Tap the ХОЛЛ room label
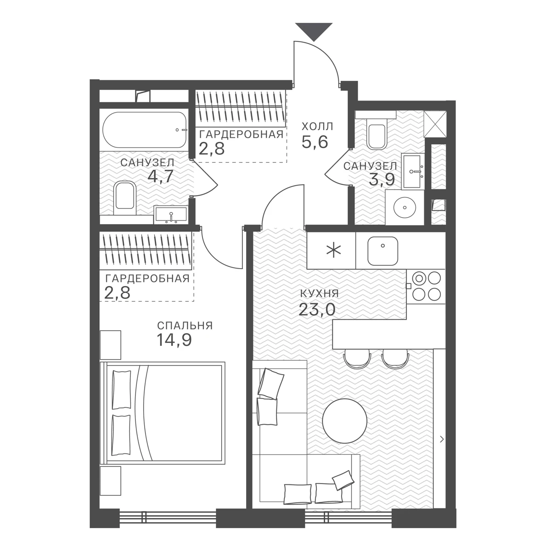317,126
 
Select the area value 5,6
315,141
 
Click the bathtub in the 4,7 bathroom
145,130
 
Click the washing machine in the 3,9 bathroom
405,208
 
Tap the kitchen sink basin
382,251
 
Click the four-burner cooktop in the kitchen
426,286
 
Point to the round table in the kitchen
344,421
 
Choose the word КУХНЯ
320,293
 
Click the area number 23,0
317,309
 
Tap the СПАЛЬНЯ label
185,326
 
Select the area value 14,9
174,340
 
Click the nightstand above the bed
110,345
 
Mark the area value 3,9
382,180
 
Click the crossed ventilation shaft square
435,124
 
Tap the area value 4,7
161,176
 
